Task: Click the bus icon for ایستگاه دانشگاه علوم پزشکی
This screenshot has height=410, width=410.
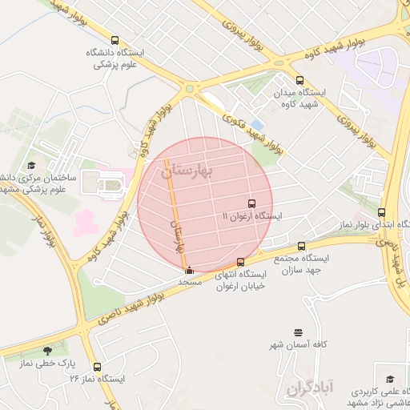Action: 115,40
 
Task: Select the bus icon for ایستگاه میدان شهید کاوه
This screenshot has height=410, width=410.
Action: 299,80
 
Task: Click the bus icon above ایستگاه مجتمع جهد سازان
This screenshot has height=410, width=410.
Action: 301,246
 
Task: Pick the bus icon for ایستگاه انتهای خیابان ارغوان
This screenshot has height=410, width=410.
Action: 241,262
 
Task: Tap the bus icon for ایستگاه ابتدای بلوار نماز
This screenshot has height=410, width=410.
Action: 381,213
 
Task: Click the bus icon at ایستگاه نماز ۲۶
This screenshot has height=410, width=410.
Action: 96,366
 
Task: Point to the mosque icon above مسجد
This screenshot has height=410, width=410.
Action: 189,270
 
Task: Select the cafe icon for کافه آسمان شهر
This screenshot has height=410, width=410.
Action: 299,332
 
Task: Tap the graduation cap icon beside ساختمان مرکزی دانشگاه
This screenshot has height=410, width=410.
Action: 31,165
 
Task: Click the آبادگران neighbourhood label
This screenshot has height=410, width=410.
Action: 306,388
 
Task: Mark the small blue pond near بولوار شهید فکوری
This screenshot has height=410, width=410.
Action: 256,125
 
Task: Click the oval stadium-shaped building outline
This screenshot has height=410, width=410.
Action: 110,186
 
